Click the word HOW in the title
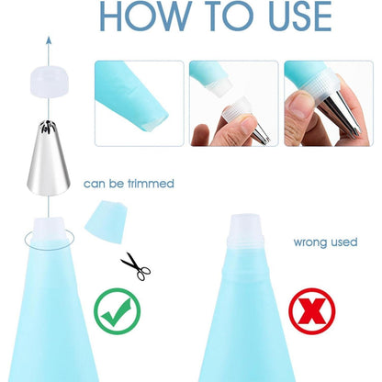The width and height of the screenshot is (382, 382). [x=145, y=16]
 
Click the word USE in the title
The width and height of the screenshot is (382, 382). [x=296, y=16]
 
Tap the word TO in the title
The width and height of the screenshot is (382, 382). [x=227, y=16]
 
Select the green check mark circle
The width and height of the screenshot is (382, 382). [x=118, y=311]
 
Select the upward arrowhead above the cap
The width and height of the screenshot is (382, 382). [x=49, y=40]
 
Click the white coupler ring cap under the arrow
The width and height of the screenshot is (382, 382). [x=49, y=81]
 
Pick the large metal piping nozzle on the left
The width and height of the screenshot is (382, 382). [x=49, y=158]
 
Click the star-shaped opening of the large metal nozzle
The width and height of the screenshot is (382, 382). [x=49, y=126]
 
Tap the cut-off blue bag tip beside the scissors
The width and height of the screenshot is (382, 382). [x=106, y=222]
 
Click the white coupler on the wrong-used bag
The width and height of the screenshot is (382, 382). [x=245, y=231]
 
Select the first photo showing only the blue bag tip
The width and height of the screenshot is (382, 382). [x=140, y=104]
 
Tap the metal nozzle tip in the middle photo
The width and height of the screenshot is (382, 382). [x=261, y=135]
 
